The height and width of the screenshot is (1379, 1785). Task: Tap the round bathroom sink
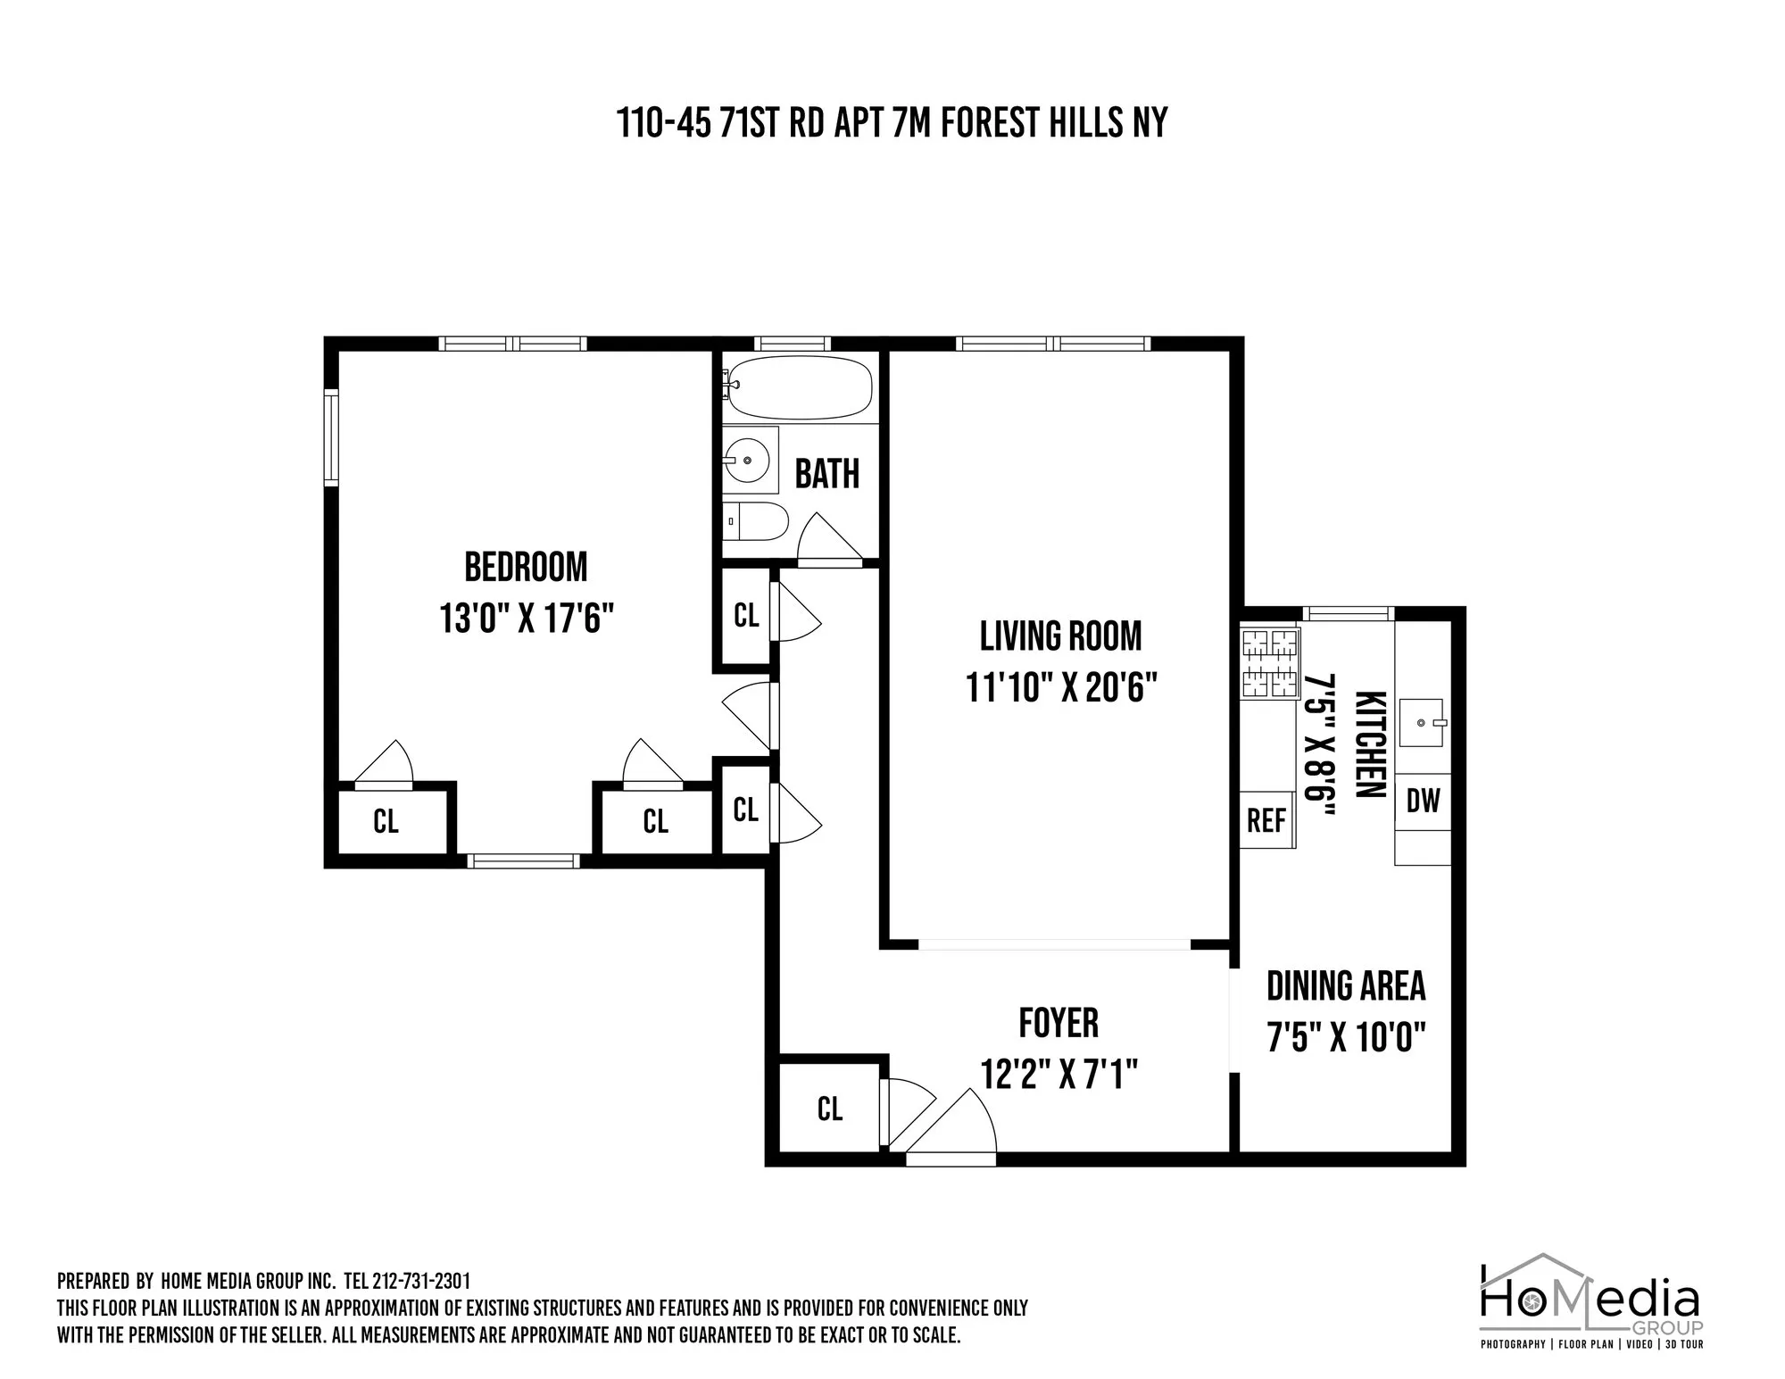pos(749,461)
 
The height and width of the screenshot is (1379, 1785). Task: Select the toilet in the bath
pos(759,520)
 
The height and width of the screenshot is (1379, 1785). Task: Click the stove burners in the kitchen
pos(1270,663)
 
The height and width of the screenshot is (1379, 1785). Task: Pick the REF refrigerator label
pos(1266,820)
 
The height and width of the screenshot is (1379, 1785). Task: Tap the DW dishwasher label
pos(1423,802)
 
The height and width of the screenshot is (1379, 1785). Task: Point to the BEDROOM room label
pos(526,568)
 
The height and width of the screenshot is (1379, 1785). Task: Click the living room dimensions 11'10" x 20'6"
pos(1061,688)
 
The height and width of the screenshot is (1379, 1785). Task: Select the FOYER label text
pos(1059,1023)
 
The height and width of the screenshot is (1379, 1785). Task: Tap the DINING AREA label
pos(1346,986)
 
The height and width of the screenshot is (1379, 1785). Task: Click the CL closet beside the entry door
pos(830,1109)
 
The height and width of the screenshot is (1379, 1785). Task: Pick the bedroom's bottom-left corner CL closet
pos(386,821)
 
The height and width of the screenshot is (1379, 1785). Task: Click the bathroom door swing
pos(826,541)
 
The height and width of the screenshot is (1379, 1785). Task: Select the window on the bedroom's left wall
pos(331,437)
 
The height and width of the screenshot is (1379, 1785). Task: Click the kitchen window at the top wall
pos(1348,613)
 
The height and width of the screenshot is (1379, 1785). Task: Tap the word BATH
pos(826,474)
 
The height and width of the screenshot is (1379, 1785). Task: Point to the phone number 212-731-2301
pos(419,1282)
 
